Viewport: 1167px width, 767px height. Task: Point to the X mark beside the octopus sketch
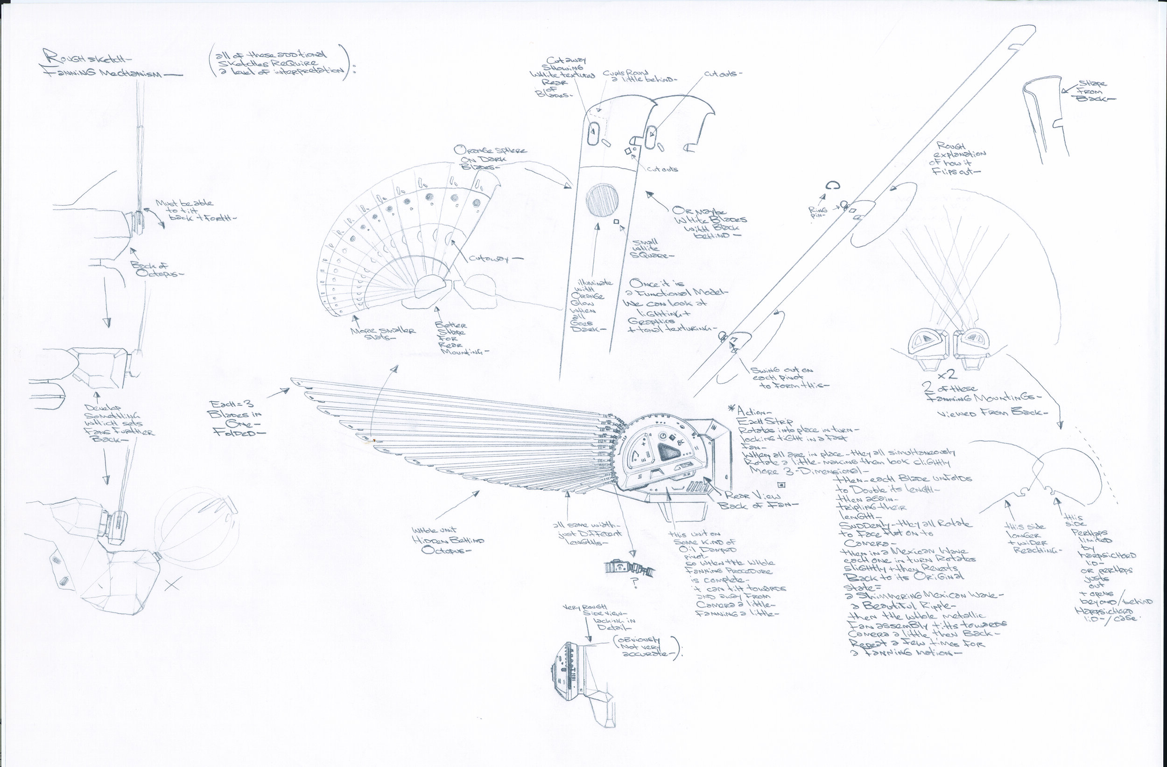pos(172,584)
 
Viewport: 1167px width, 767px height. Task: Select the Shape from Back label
pos(1095,91)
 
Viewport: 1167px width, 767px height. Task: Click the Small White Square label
pos(647,249)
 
